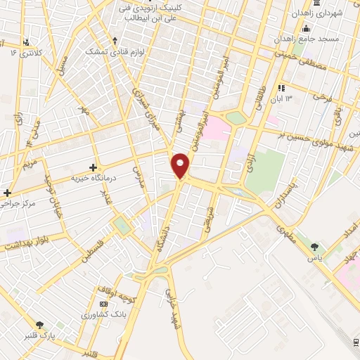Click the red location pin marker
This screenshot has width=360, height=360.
point(181,165)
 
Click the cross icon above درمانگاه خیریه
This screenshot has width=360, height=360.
point(93,167)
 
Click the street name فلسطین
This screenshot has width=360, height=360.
point(90,251)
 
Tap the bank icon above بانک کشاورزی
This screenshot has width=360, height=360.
point(104,304)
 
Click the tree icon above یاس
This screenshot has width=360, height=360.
point(314,246)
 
